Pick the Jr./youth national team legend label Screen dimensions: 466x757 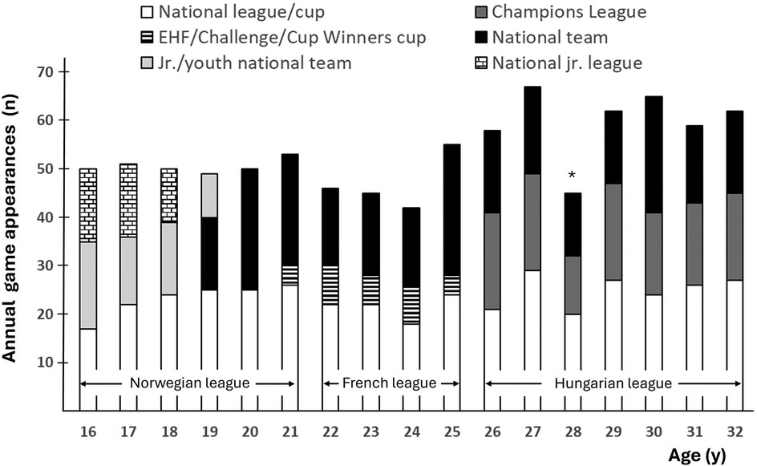point(255,63)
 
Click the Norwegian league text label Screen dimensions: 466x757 point(188,383)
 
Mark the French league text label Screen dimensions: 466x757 point(391,383)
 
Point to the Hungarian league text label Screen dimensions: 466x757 point(613,383)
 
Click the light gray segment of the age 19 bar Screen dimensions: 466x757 point(209,195)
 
